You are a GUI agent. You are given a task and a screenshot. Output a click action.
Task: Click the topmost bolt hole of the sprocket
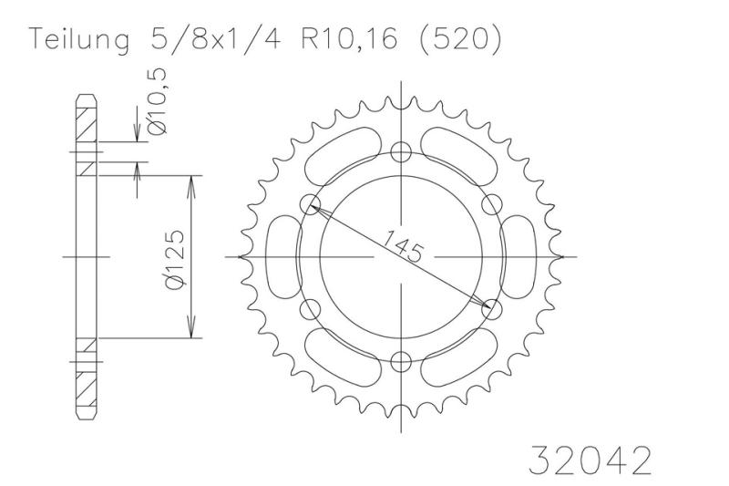(399, 151)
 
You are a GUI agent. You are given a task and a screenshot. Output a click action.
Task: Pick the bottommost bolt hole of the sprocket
(399, 362)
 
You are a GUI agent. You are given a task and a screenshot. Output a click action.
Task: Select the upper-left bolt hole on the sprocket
(308, 203)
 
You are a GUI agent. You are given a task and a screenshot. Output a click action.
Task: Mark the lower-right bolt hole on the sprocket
(491, 309)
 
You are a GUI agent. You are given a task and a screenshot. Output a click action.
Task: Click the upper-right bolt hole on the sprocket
(491, 203)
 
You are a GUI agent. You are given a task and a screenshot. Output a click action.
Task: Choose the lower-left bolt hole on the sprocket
(308, 309)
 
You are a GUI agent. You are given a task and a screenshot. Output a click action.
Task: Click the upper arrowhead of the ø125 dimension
(190, 181)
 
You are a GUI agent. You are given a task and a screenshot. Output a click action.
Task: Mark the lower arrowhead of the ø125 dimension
(190, 332)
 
